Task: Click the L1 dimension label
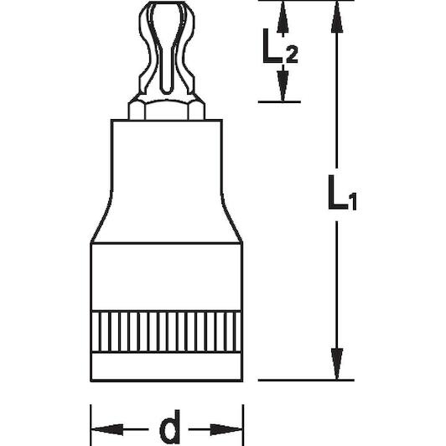pos(342,193)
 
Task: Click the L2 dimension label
pos(280,45)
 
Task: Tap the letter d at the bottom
pos(170,428)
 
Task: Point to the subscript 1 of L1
pos(353,202)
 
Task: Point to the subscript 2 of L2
pos(292,54)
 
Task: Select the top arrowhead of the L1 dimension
pos(337,16)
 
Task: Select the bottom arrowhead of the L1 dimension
pos(337,364)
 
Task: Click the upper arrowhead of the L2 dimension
pos(283,16)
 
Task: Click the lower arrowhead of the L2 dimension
pos(283,86)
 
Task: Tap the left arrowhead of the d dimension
pos(107,429)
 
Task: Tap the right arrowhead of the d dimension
pos(226,429)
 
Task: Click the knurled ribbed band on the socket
pos(167,332)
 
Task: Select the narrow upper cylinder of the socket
pos(167,157)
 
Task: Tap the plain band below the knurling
pos(167,367)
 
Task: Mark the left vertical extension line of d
pos(91,425)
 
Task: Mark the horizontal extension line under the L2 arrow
pos(279,101)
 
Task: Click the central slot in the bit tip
pos(166,49)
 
